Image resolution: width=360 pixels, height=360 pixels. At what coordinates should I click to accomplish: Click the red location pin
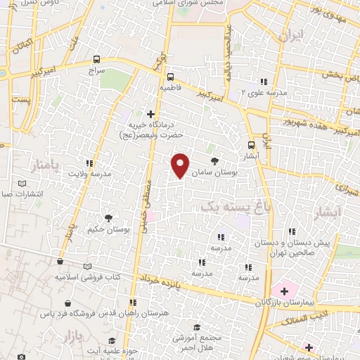point(181,165)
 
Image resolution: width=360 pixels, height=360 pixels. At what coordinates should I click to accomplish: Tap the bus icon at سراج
point(96,60)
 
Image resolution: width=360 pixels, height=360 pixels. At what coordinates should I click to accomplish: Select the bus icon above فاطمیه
point(172,78)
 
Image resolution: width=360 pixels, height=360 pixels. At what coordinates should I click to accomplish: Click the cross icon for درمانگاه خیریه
point(150,113)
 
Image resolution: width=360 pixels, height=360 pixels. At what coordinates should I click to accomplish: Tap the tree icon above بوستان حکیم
point(108,218)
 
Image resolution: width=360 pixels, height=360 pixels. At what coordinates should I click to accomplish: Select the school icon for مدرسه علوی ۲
point(264,82)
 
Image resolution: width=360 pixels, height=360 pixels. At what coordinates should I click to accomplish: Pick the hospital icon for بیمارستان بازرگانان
point(284,290)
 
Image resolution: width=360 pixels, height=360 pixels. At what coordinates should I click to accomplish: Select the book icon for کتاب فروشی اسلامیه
point(87,266)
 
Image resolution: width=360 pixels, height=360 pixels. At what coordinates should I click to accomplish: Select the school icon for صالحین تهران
point(292,231)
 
